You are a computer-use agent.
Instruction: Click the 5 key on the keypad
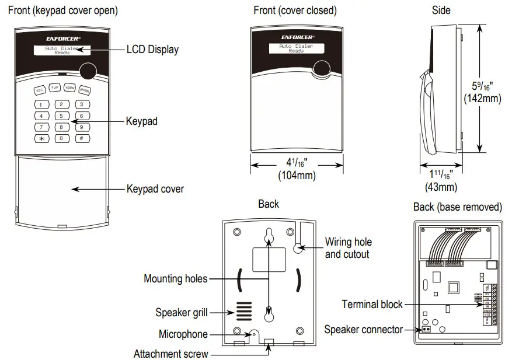coord(61,116)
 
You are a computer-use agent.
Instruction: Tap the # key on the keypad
coord(81,138)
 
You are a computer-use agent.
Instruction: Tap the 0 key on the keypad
coord(61,138)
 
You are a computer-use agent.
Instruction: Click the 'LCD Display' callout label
coord(152,50)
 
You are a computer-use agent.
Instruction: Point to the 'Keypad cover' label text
coord(155,189)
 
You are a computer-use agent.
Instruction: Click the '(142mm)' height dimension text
coord(482,99)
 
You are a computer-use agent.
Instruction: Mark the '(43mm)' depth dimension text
coord(441,187)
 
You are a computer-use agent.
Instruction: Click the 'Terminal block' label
coord(372,304)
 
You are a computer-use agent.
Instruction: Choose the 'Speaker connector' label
coord(363,330)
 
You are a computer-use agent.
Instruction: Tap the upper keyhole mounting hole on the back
coord(269,236)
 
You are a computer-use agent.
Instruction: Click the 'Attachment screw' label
coord(170,354)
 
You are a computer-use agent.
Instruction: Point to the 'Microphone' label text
coord(183,334)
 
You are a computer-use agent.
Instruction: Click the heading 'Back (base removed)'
coord(458,207)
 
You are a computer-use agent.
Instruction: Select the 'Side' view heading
coord(441,11)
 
